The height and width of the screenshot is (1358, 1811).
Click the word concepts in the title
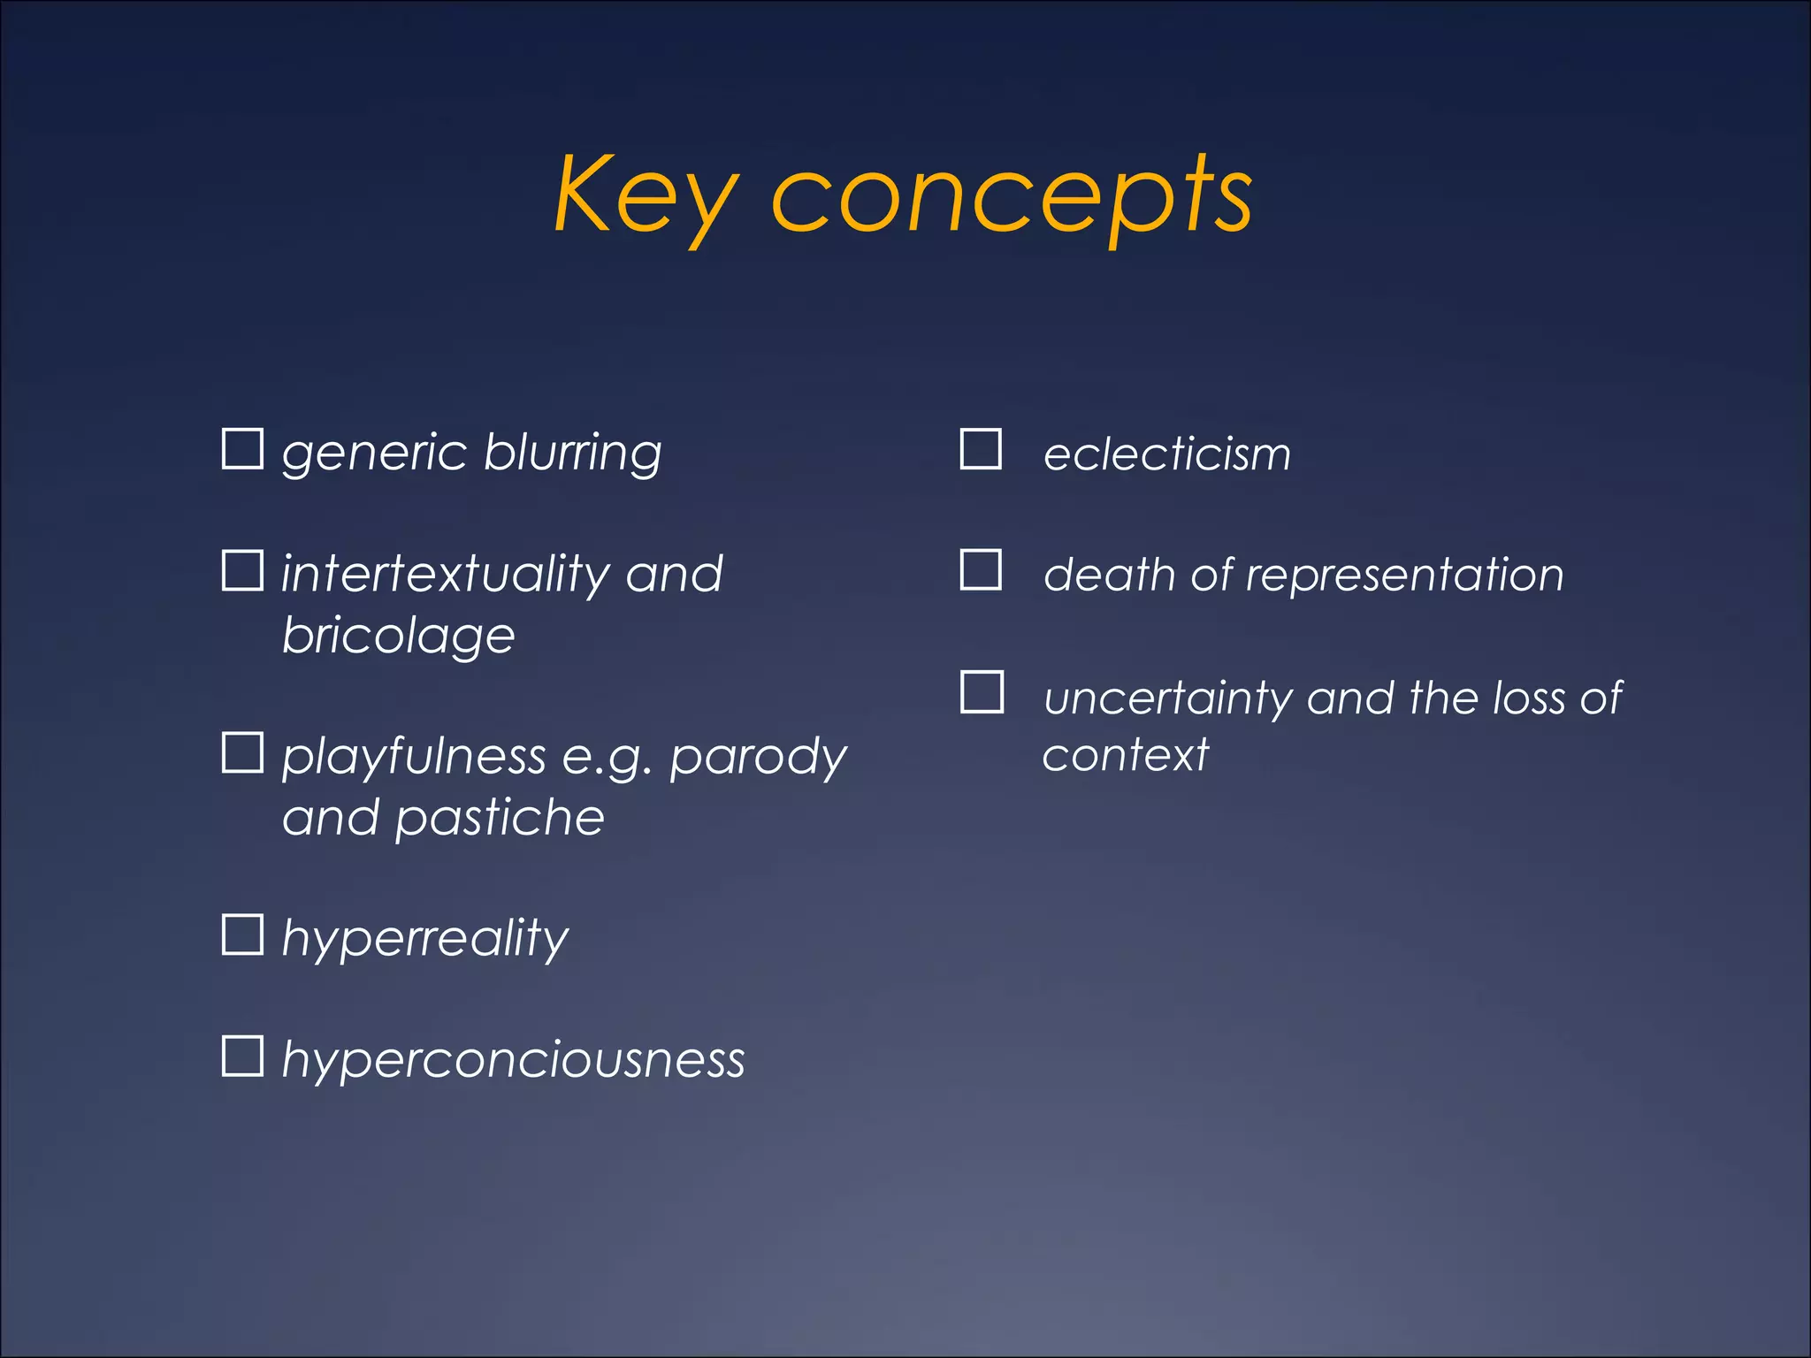click(1012, 196)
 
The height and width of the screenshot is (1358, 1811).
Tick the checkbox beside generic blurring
click(242, 449)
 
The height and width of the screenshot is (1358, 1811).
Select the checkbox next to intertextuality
click(242, 570)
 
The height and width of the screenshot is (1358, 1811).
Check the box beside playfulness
click(242, 752)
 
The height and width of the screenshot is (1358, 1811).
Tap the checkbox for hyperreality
click(242, 935)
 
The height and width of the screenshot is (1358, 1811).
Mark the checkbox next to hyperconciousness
click(242, 1056)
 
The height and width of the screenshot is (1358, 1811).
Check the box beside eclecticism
click(982, 449)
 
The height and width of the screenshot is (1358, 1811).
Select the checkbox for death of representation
click(982, 570)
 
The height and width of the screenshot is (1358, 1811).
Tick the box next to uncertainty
click(982, 691)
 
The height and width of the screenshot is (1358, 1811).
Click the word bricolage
click(398, 636)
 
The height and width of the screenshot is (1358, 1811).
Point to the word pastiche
click(500, 817)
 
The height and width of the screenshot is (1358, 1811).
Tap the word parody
click(759, 758)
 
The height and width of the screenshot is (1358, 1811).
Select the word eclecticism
click(1167, 454)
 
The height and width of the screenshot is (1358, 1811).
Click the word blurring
click(572, 454)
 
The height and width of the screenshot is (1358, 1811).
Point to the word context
click(1125, 755)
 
